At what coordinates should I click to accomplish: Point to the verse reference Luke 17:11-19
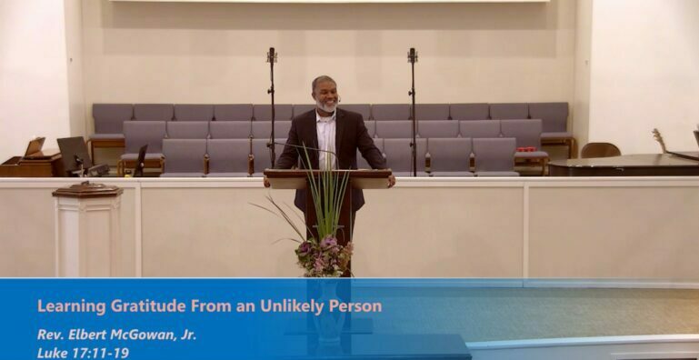coord(83,352)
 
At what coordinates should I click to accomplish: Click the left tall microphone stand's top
coord(272,55)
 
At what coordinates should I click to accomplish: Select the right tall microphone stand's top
coord(412,55)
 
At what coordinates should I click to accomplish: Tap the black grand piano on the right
coord(618,165)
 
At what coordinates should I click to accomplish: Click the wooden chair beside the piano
coord(600,150)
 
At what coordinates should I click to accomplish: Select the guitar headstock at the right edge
coord(659,139)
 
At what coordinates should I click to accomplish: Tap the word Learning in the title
coord(66,305)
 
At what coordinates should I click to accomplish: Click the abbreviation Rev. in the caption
coord(50,335)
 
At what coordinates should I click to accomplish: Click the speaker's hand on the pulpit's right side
coord(390,181)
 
